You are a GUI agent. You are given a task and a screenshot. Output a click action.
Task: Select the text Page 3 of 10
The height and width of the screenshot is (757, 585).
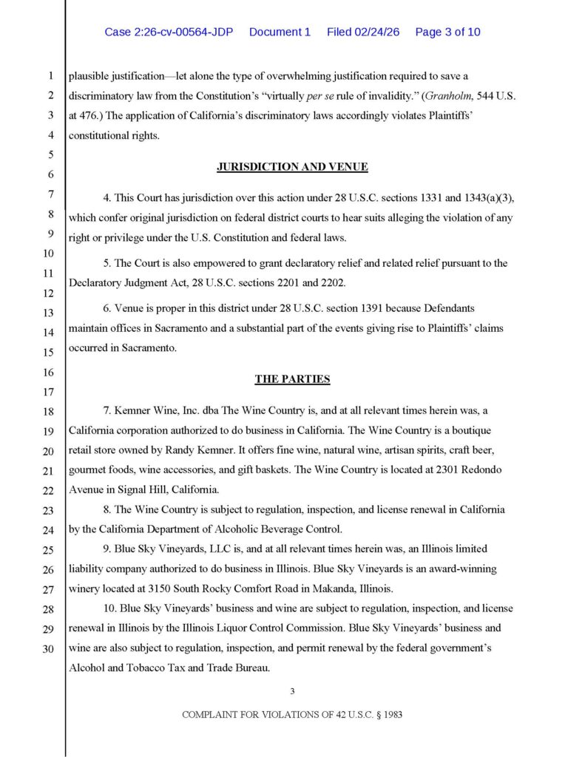(x=447, y=32)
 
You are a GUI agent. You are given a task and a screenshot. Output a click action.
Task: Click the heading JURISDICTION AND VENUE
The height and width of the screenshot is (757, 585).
(x=292, y=166)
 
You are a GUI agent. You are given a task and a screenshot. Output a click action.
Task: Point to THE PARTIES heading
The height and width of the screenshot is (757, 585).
(x=292, y=379)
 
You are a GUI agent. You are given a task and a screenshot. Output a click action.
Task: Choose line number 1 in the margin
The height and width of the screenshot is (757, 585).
(x=50, y=75)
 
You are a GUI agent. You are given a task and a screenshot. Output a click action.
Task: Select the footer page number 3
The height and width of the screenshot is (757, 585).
(x=292, y=691)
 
